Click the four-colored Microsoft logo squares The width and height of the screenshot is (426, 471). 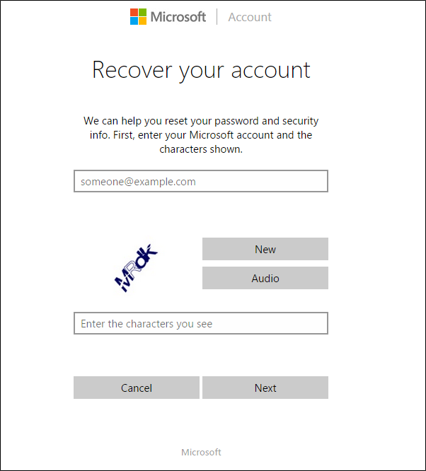tap(139, 17)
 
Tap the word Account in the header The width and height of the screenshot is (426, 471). tap(250, 17)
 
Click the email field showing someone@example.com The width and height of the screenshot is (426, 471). tap(200, 181)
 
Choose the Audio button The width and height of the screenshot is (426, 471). tap(265, 278)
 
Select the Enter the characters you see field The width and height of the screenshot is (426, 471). tap(200, 323)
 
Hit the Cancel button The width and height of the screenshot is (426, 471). tap(137, 388)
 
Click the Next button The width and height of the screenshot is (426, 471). tap(265, 388)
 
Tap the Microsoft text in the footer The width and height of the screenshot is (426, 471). tap(201, 452)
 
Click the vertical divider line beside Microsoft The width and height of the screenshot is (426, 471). tap(217, 17)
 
